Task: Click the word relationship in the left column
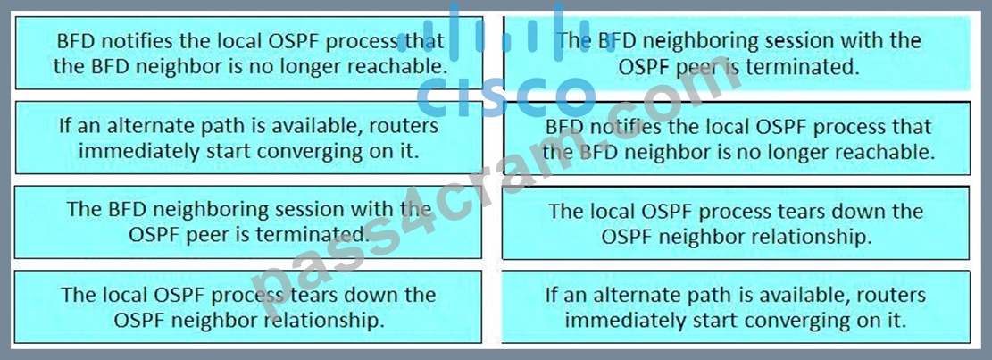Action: pyautogui.click(x=325, y=320)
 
